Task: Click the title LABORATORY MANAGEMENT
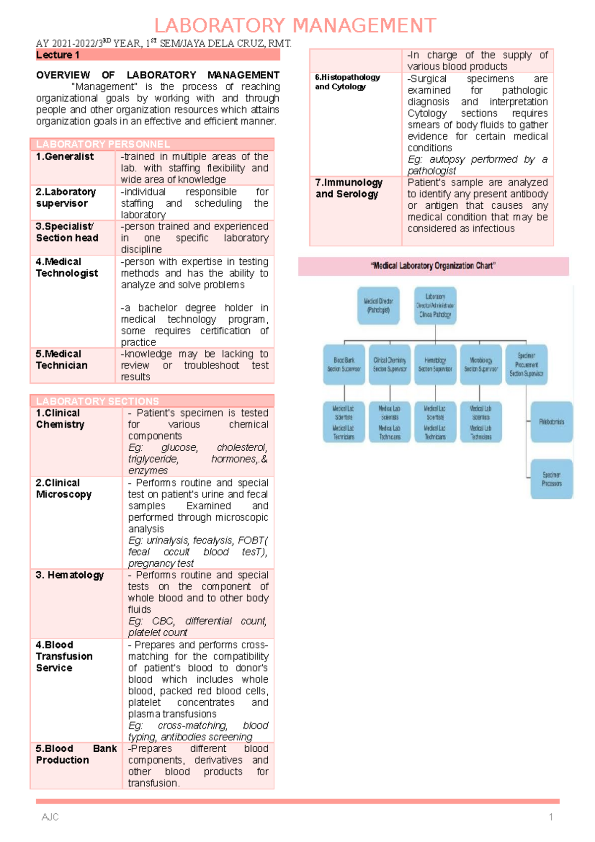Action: pyautogui.click(x=295, y=25)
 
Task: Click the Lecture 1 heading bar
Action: pyautogui.click(x=157, y=55)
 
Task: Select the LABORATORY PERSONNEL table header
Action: pyautogui.click(x=152, y=144)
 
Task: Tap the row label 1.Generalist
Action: pyautogui.click(x=64, y=157)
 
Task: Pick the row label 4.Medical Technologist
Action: pyautogui.click(x=67, y=267)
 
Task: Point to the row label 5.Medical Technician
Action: pyautogui.click(x=61, y=360)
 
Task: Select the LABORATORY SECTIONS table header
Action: pyautogui.click(x=152, y=401)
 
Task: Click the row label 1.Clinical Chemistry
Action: pyautogui.click(x=60, y=419)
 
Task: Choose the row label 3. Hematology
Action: pyautogui.click(x=70, y=575)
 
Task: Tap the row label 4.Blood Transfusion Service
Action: pyautogui.click(x=64, y=656)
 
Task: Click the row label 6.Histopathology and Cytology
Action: pyautogui.click(x=348, y=82)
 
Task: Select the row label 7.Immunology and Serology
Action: pyautogui.click(x=349, y=188)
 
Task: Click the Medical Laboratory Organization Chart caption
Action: pyautogui.click(x=433, y=266)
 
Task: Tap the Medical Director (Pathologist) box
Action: pyautogui.click(x=378, y=305)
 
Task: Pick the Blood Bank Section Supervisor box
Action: pyautogui.click(x=344, y=364)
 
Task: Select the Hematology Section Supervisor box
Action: pyautogui.click(x=435, y=364)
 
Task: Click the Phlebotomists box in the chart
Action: pyautogui.click(x=551, y=422)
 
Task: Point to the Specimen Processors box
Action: pyautogui.click(x=551, y=479)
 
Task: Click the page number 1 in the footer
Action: pyautogui.click(x=550, y=817)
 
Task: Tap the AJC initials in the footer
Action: pyautogui.click(x=50, y=817)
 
